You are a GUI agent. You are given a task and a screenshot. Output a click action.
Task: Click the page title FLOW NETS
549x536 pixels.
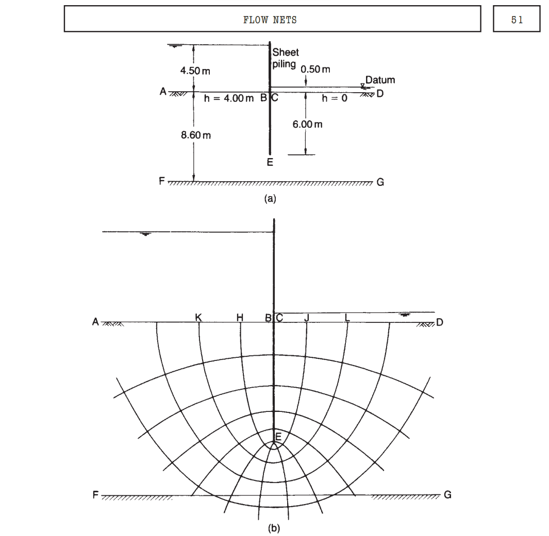(x=270, y=20)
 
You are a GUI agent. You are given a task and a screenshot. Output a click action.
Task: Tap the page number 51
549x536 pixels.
(x=517, y=20)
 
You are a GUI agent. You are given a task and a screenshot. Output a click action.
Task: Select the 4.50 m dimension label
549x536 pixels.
(x=195, y=71)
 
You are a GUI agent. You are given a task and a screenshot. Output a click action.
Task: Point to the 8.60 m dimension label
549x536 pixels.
(x=196, y=135)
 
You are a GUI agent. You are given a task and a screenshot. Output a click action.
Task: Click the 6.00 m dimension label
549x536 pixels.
(x=307, y=124)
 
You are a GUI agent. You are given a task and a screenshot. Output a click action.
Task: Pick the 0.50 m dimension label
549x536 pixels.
(x=315, y=69)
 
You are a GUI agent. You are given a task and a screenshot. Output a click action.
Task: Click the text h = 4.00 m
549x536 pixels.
(x=229, y=98)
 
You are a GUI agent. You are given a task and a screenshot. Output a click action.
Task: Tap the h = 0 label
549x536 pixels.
(x=335, y=98)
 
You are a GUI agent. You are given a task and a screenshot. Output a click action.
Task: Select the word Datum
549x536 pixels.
(x=380, y=80)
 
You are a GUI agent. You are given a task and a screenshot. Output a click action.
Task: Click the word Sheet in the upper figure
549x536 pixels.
(x=286, y=53)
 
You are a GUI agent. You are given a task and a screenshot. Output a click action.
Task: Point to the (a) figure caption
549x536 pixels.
(x=270, y=199)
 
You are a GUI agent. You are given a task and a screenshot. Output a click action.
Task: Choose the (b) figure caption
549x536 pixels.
(x=274, y=528)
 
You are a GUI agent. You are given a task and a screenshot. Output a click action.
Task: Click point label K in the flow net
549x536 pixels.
(x=198, y=318)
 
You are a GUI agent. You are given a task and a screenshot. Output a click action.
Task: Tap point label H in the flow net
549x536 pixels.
(x=240, y=318)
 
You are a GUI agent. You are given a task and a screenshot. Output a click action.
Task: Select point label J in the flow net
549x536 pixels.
(x=307, y=318)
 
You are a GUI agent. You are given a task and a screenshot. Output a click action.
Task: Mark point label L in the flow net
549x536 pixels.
(x=347, y=318)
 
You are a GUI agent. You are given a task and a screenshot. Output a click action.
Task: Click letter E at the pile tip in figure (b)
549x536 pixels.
(x=278, y=437)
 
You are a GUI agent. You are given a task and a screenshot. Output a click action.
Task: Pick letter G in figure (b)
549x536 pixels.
(x=447, y=495)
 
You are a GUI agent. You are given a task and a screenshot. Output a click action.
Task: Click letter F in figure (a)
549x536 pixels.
(x=161, y=181)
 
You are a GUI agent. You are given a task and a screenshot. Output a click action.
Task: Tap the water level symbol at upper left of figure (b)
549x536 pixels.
(x=145, y=234)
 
